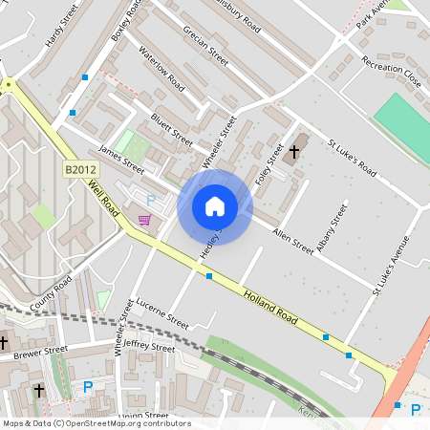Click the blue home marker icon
[x=215, y=206]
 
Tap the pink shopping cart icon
[x=144, y=220]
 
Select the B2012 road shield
[x=81, y=169]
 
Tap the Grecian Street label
[x=204, y=44]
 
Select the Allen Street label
[x=292, y=240]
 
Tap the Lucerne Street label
[x=164, y=313]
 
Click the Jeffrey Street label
[x=150, y=347]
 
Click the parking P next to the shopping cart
[x=150, y=200]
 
